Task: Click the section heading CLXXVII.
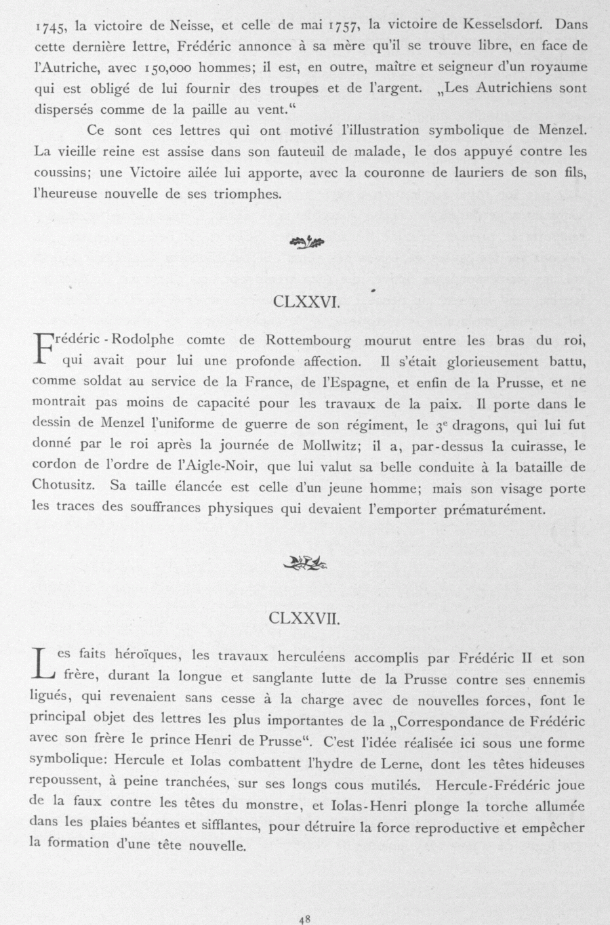point(304,618)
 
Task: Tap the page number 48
point(304,919)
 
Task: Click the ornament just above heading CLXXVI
point(306,240)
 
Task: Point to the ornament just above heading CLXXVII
point(306,562)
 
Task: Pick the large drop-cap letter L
point(42,664)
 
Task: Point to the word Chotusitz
point(63,487)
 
